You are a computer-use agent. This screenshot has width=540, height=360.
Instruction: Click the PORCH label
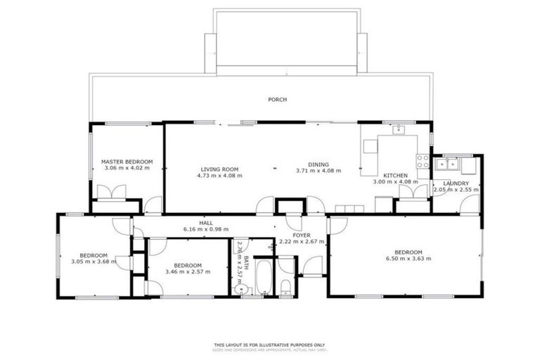[x=278, y=100]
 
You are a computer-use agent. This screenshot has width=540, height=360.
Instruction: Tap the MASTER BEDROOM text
[x=127, y=162]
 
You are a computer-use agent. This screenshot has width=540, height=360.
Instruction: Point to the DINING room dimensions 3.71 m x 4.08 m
[x=318, y=170]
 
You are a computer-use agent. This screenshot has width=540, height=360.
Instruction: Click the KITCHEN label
[x=395, y=176]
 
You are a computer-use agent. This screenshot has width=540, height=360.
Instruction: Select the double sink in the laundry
[x=446, y=165]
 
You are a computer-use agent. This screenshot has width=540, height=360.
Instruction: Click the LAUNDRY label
[x=456, y=184]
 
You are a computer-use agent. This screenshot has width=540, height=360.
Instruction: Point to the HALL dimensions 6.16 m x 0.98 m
[x=206, y=229]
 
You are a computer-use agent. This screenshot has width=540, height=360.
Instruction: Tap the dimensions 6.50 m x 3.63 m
[x=408, y=259]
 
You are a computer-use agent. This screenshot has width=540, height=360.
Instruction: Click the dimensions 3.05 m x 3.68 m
[x=93, y=262]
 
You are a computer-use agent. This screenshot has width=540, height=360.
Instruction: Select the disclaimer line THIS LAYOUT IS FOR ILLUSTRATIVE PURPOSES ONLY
[x=269, y=345]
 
